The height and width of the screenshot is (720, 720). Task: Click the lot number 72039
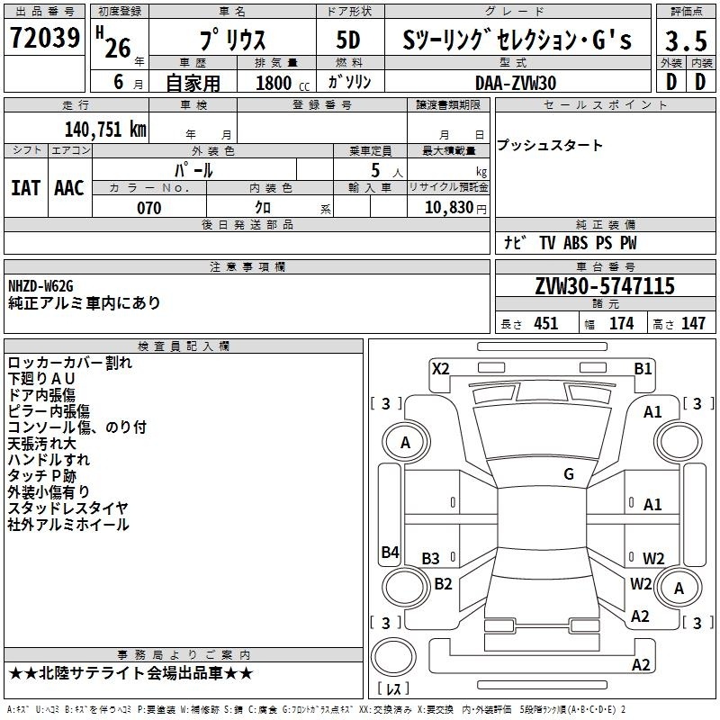coord(45,38)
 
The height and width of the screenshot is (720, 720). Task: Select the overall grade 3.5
coord(686,40)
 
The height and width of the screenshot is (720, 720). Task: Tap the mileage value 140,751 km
coord(105,130)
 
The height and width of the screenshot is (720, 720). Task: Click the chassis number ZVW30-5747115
coord(605,285)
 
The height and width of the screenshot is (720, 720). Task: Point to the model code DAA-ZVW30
coord(516,83)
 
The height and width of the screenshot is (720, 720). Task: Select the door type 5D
coord(348,40)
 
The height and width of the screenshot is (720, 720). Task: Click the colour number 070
coord(149,208)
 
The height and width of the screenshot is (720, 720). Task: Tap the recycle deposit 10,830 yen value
coord(455,208)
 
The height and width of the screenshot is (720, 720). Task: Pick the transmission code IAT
coord(26,188)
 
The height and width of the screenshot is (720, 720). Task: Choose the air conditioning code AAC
coord(69,188)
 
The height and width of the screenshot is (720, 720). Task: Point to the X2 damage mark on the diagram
coord(441,369)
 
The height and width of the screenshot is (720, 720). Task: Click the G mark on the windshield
coord(569,473)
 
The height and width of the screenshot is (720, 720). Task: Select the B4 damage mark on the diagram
coord(390,552)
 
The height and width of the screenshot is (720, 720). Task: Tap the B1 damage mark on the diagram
coord(643,369)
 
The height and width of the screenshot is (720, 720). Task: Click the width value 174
coord(622,323)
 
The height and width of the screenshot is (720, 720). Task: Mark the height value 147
coord(693,323)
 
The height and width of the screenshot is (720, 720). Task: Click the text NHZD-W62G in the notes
coord(40,286)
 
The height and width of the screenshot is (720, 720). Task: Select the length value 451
coord(546,323)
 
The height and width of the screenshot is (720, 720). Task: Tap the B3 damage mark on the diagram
coord(430,558)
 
